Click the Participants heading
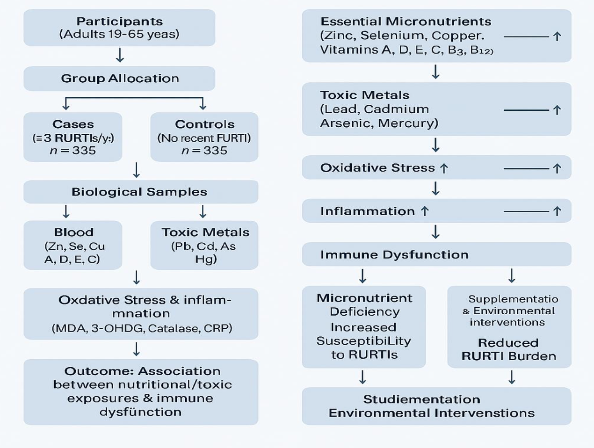(x=120, y=22)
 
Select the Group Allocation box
(x=120, y=78)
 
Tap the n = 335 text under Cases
(x=72, y=151)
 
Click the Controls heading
(x=204, y=124)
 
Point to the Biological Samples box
(x=139, y=192)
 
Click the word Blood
(x=73, y=232)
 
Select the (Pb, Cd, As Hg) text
(x=204, y=253)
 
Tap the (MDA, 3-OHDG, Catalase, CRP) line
(x=142, y=328)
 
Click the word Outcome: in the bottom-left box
(x=99, y=371)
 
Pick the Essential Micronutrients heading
(x=406, y=22)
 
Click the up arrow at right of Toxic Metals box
(x=557, y=110)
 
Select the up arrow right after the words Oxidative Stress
(x=444, y=168)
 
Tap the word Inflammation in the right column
(x=367, y=211)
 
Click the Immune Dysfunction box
(x=436, y=254)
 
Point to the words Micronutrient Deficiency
(x=364, y=305)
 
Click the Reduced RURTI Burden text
(x=509, y=349)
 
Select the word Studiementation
(x=421, y=399)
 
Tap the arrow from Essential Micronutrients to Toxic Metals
(x=435, y=72)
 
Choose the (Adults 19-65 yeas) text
(x=119, y=34)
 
